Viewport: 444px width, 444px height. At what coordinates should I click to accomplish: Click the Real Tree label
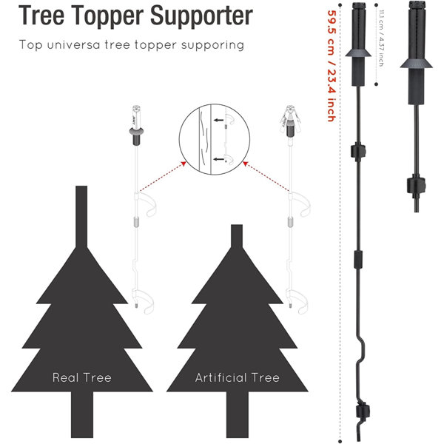coord(82,377)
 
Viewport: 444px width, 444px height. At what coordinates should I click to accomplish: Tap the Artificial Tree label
coord(238,377)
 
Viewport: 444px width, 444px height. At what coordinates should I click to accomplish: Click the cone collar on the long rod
coord(360,53)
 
